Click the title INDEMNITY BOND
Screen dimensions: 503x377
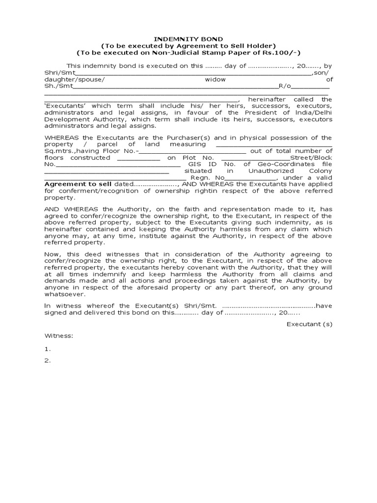pyautogui.click(x=188, y=38)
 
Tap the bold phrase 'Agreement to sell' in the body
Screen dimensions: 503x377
pyautogui.click(x=79, y=184)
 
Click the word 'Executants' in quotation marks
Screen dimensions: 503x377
pyautogui.click(x=65, y=106)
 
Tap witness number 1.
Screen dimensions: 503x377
pyautogui.click(x=48, y=349)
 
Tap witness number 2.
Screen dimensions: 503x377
pyautogui.click(x=48, y=361)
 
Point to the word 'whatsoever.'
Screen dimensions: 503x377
pyautogui.click(x=65, y=294)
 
